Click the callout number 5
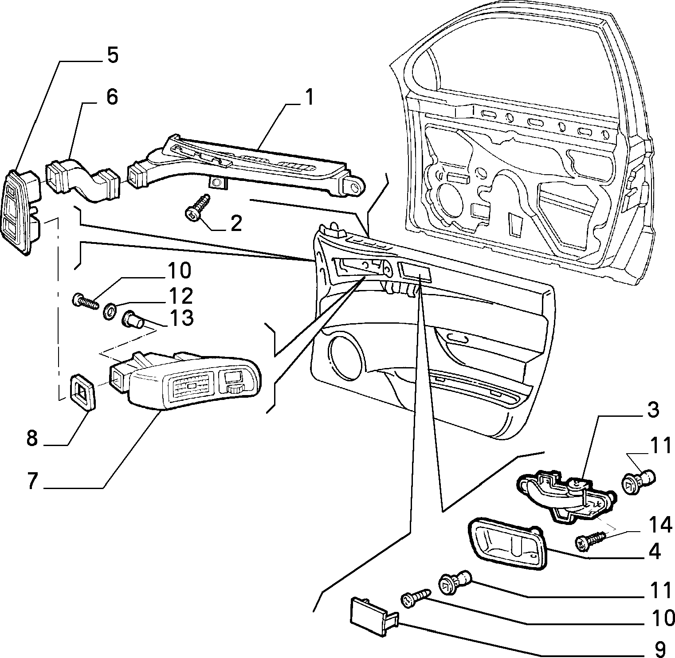tap(112, 56)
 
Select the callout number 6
tap(112, 97)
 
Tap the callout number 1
tap(309, 98)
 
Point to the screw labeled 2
tap(197, 207)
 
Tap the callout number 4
tap(655, 551)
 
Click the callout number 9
tap(660, 648)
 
